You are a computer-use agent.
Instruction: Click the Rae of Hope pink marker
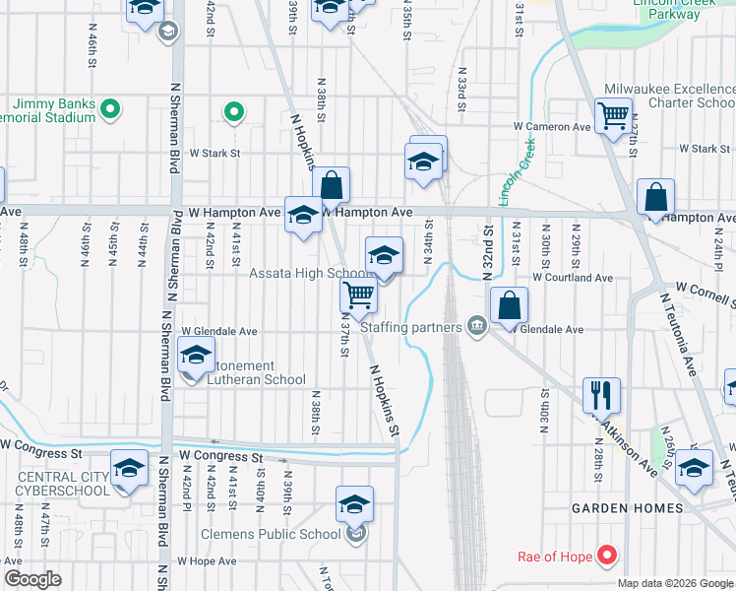point(607,557)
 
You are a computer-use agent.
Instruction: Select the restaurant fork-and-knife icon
point(601,396)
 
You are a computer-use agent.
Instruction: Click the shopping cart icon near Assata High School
point(359,295)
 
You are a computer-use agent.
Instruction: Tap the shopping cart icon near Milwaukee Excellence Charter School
point(613,116)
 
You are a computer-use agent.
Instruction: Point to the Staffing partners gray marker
point(477,326)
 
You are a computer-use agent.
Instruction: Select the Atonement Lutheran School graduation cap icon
point(197,356)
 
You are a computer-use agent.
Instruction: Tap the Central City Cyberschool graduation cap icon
point(129,469)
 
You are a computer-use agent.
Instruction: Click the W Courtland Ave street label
point(573,278)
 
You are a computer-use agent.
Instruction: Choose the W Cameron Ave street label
point(552,127)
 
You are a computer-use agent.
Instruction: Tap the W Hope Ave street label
point(207,561)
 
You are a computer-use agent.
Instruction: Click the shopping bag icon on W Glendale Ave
point(509,306)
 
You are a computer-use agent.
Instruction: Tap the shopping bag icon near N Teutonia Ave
point(654,198)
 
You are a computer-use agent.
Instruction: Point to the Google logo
point(31,579)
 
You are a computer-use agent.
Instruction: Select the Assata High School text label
point(307,274)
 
